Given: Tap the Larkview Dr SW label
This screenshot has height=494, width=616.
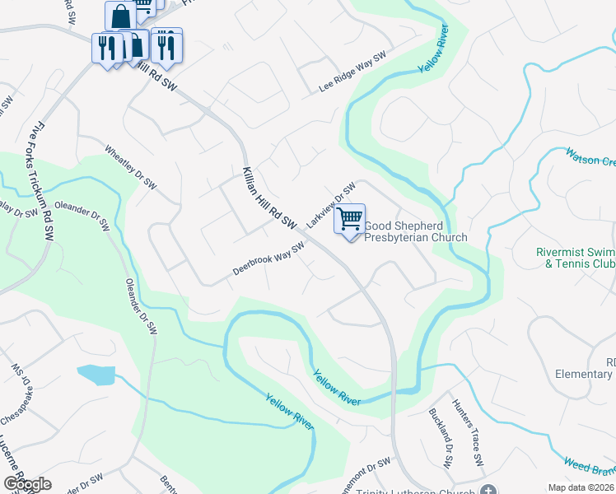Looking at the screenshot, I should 330,205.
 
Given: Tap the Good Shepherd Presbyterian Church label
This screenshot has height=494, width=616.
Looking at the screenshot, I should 415,231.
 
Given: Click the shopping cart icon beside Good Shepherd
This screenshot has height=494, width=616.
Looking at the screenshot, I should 350,219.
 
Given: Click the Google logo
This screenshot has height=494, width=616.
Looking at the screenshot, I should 27,484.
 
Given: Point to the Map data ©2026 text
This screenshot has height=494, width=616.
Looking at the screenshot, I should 581,487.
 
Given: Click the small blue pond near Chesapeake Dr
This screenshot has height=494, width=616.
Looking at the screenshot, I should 96,375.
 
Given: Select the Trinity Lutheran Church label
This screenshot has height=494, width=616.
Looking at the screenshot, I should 416,492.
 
